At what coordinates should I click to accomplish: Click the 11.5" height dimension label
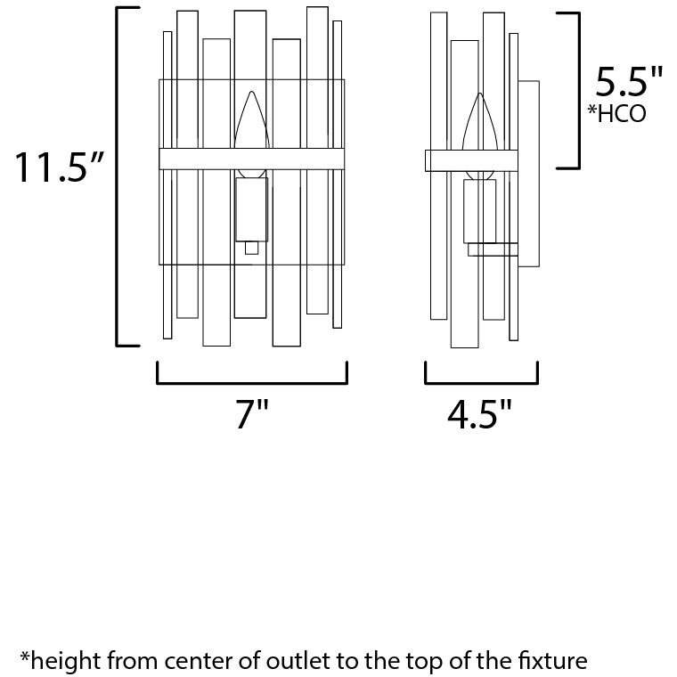click(59, 167)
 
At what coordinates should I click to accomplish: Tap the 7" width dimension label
click(252, 413)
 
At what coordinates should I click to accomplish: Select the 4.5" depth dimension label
click(479, 414)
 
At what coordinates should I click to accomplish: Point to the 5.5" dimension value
click(629, 81)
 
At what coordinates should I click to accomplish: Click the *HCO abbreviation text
click(617, 113)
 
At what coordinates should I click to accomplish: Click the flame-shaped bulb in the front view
click(252, 135)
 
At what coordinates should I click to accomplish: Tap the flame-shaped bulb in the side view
click(479, 136)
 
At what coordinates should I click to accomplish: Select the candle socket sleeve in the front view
click(252, 209)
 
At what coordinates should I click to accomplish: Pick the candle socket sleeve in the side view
click(479, 211)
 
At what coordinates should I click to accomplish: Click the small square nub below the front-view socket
click(252, 248)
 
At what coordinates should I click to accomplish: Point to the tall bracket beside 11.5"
click(118, 176)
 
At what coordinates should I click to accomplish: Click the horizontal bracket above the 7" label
click(252, 381)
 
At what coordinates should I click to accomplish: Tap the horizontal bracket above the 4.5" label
click(481, 381)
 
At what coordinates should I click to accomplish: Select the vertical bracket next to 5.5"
click(578, 91)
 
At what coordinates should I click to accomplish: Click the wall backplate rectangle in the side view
click(528, 174)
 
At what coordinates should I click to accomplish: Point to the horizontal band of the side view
click(471, 160)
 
